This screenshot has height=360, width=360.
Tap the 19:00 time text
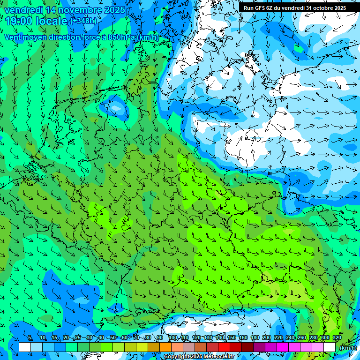coord(18,21)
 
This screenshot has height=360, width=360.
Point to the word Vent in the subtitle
coord(13,37)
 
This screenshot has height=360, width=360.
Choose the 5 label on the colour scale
coord(30,338)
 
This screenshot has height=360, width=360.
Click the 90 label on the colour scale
coord(160,338)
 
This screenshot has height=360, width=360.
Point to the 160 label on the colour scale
coord(242,338)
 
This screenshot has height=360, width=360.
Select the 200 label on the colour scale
coord(266,338)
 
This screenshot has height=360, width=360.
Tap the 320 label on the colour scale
coord(337,338)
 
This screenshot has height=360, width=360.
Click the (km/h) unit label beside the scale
coord(347,347)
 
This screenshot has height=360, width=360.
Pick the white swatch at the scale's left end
coord(25,347)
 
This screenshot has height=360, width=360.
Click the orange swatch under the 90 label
coord(165,347)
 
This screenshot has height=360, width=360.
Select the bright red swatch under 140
coord(224,347)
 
